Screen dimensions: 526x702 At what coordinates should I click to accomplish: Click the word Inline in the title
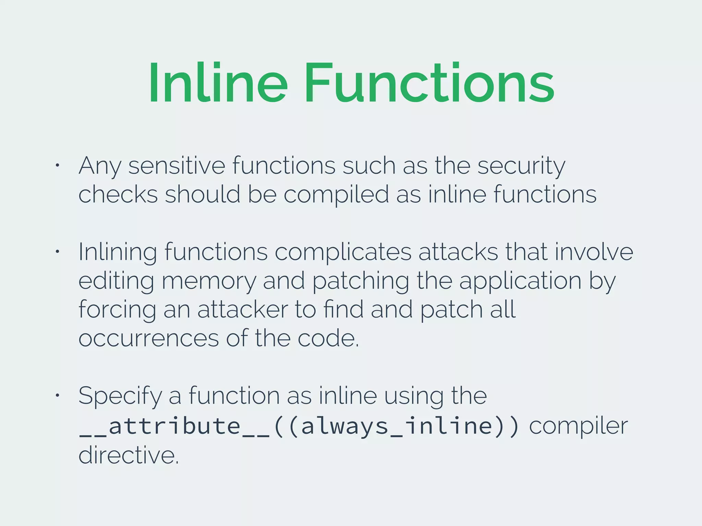click(218, 83)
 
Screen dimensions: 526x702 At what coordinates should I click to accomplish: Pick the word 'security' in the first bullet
click(521, 166)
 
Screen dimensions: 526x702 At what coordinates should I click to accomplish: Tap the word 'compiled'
click(336, 195)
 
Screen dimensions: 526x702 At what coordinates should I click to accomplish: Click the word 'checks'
click(118, 195)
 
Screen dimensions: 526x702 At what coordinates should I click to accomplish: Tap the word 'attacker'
click(243, 310)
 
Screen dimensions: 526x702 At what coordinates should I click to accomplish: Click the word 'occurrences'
click(148, 338)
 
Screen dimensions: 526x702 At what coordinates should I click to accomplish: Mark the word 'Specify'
click(120, 396)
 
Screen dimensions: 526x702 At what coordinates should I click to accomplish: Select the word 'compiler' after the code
click(578, 426)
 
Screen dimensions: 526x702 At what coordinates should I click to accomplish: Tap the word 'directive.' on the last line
click(129, 455)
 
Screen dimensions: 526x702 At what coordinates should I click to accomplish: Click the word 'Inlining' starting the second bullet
click(118, 252)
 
